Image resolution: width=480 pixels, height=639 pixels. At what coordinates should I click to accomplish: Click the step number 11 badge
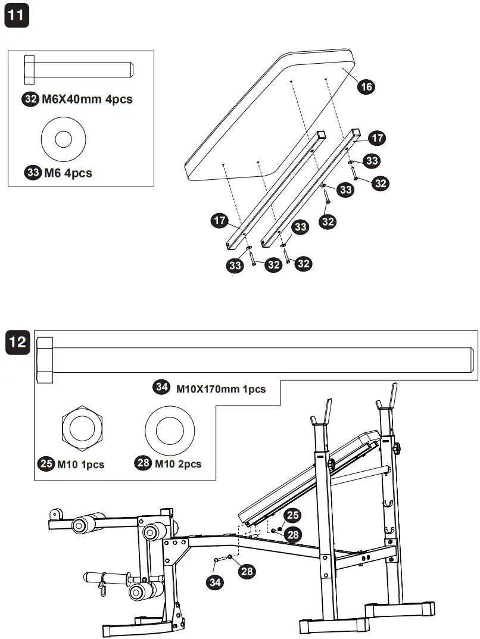[16, 15]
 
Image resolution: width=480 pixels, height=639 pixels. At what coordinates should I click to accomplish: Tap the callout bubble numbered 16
[366, 87]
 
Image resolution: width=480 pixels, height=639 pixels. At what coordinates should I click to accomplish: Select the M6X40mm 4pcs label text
[87, 99]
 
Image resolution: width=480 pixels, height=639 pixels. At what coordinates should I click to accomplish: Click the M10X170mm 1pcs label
[220, 388]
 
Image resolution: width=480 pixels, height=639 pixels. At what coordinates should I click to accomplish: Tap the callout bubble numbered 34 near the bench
[215, 582]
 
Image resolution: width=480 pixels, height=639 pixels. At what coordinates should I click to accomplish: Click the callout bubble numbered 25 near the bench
[292, 515]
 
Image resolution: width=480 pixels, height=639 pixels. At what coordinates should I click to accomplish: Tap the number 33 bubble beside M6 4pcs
[33, 173]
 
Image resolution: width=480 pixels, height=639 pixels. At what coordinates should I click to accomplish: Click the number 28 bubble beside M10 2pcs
[144, 464]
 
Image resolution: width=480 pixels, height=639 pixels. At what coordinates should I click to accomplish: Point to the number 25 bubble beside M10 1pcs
[46, 464]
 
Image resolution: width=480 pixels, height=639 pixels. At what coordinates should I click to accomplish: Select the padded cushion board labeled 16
[268, 113]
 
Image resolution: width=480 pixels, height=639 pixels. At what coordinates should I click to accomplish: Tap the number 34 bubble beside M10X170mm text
[161, 388]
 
